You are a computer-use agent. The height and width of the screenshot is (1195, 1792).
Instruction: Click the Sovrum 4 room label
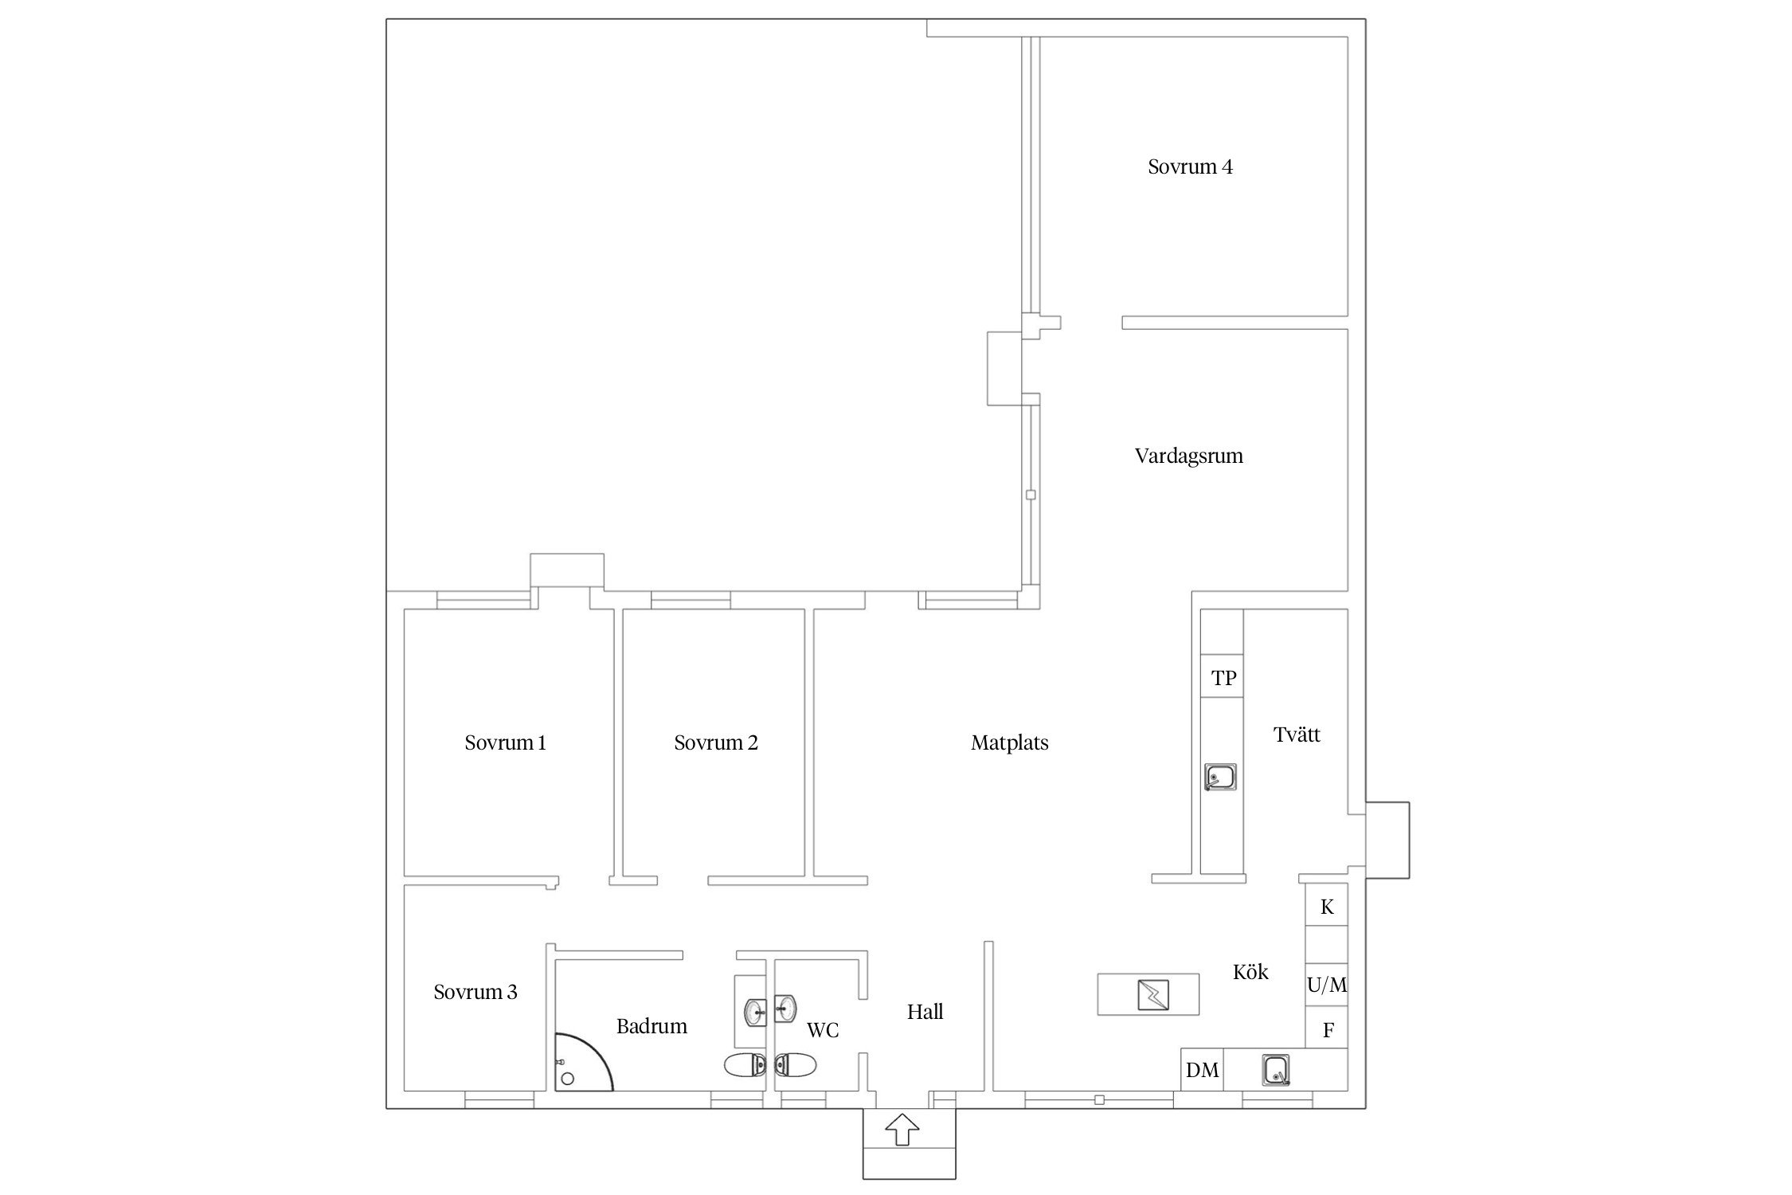point(1190,167)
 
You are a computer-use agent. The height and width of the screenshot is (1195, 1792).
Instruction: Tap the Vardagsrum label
point(1188,456)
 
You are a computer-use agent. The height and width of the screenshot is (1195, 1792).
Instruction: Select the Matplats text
point(1009,743)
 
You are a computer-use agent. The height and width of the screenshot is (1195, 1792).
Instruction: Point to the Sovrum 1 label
point(505,743)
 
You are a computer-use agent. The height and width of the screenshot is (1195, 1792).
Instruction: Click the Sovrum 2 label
point(715,743)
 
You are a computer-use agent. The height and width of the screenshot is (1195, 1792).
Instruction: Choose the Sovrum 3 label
point(475,993)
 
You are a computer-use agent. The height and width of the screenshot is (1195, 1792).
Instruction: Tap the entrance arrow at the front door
point(902,1130)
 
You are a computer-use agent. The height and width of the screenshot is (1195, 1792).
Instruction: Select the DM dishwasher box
point(1202,1070)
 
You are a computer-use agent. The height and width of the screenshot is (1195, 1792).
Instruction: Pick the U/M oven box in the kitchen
point(1326,985)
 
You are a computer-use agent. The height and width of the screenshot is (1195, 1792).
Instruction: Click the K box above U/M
point(1326,905)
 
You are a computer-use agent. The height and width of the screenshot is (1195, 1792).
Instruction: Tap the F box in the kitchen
point(1327,1029)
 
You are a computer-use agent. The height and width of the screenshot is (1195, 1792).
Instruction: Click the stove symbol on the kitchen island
point(1148,994)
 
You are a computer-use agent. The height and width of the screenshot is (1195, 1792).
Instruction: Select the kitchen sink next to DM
point(1277,1070)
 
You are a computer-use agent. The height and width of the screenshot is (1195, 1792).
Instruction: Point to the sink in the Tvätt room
point(1220,777)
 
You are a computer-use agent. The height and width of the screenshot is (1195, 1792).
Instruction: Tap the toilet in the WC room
point(796,1064)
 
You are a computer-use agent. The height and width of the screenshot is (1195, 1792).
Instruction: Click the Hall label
point(925,1013)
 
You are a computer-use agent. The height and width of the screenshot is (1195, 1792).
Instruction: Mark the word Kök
point(1250,972)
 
